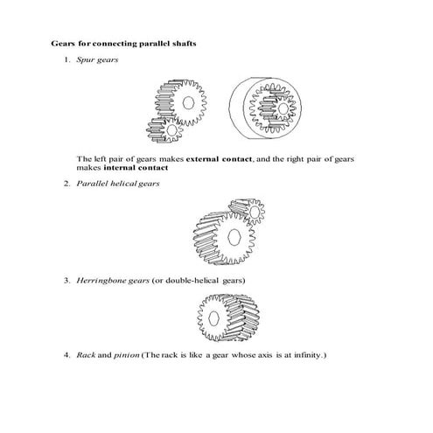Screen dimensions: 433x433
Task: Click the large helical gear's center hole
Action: coord(234,238)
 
